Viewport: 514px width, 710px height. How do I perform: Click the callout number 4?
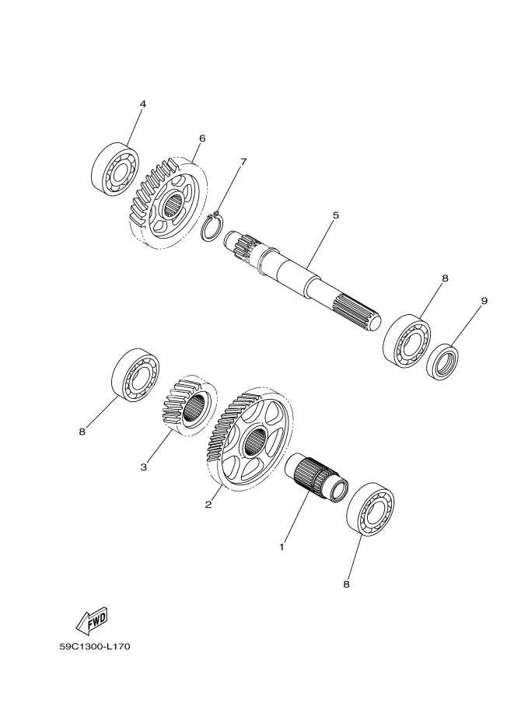(x=143, y=103)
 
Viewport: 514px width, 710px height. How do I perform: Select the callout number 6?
(x=202, y=138)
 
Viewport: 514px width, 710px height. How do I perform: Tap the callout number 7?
(x=243, y=162)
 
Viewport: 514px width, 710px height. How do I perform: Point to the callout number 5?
(x=336, y=215)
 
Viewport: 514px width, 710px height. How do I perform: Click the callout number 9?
(x=484, y=301)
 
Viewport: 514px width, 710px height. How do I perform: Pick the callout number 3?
(x=144, y=467)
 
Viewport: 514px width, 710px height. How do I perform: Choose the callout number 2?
(x=208, y=504)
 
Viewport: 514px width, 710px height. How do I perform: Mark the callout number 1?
(x=281, y=547)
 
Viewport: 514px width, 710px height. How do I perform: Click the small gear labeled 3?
(x=189, y=406)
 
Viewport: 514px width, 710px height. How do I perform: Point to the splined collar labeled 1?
(x=316, y=477)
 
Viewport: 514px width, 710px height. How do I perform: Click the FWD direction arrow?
(x=93, y=620)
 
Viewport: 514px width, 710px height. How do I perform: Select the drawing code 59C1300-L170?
(x=95, y=646)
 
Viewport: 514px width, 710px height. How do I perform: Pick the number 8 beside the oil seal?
(x=445, y=278)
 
